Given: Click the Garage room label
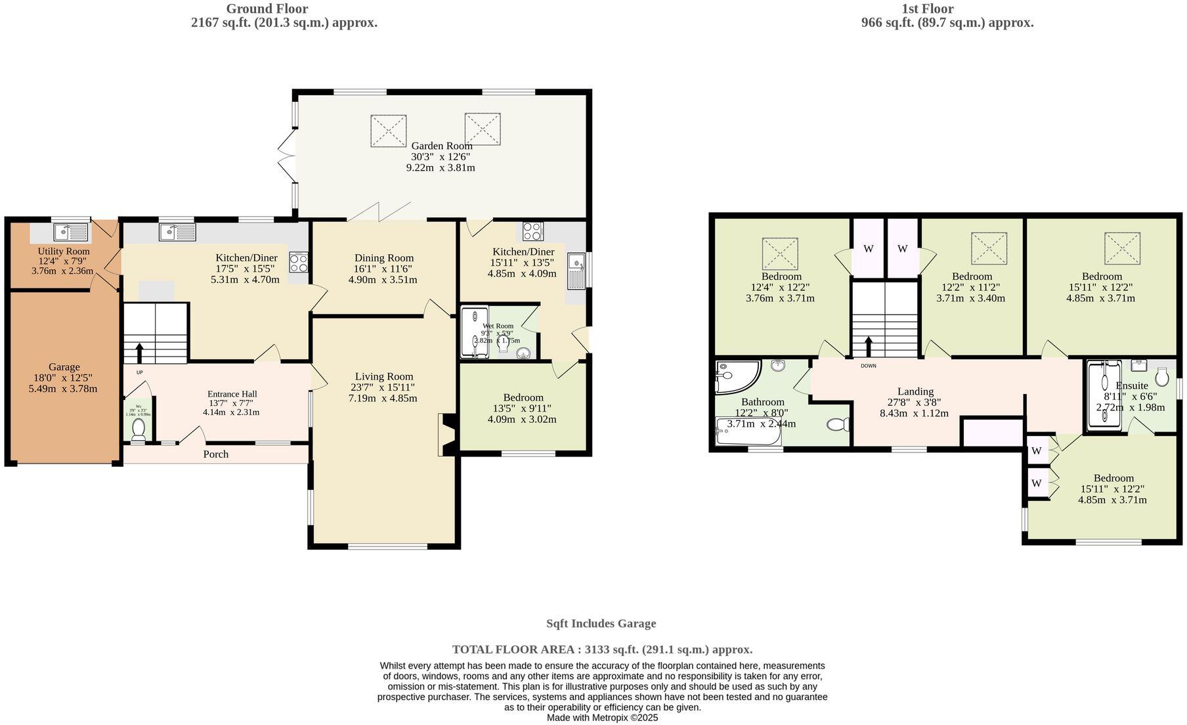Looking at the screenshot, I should (64, 367).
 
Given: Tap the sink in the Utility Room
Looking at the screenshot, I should (72, 232).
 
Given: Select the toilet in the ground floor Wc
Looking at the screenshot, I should (138, 429).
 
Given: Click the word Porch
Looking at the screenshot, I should (215, 454).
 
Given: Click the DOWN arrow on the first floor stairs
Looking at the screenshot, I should (869, 347).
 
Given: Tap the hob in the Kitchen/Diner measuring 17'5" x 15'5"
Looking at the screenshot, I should (299, 263).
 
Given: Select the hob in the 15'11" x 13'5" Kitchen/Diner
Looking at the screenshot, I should (532, 231).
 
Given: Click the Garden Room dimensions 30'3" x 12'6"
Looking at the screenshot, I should (441, 157).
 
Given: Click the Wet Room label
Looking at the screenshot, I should (498, 326).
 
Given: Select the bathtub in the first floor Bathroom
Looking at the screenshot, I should (747, 433).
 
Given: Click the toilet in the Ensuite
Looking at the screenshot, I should (1162, 376).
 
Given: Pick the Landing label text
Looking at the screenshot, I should (915, 391).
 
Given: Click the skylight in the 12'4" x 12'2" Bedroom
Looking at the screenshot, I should (780, 253).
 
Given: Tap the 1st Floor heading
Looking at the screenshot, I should (927, 9).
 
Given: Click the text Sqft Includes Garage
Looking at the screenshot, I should (601, 624).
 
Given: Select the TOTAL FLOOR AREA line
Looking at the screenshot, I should (602, 649).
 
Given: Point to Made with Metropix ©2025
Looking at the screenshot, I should (602, 718).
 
